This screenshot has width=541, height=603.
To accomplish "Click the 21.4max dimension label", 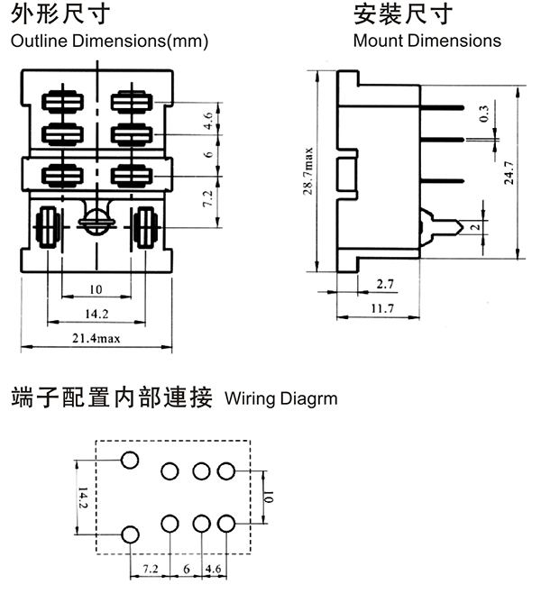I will [x=95, y=338].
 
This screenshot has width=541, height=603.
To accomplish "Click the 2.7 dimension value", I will [x=384, y=284].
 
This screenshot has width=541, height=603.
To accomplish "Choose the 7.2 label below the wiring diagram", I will [x=151, y=570].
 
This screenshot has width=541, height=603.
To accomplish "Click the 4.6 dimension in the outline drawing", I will [x=209, y=118].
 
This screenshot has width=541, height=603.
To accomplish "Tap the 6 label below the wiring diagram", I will [x=187, y=570].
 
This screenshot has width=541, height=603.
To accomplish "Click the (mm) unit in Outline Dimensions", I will [x=190, y=41].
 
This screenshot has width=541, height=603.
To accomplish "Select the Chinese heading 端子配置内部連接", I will [x=111, y=397].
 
